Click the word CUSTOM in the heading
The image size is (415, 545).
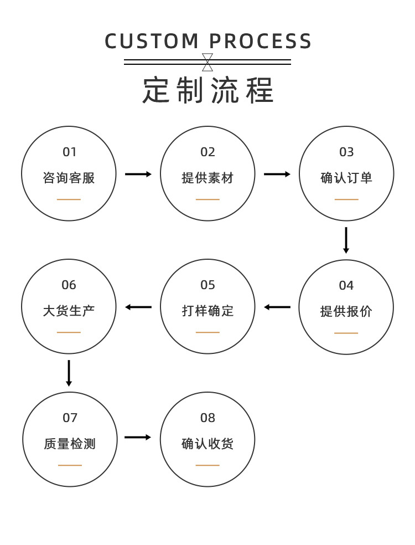[x=152, y=42]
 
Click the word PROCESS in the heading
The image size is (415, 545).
[x=261, y=42]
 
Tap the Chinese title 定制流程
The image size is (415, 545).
[x=208, y=90]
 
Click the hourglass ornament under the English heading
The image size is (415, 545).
[x=207, y=62]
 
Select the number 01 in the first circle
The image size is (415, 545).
[x=69, y=152]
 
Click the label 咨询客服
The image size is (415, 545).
[x=69, y=178]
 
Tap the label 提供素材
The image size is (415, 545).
[x=207, y=178]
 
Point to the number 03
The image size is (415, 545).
[x=346, y=152]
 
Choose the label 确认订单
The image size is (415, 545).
[x=346, y=178]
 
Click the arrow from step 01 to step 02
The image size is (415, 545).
[x=138, y=174]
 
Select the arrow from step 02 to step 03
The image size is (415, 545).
[x=277, y=174]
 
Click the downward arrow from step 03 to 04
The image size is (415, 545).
[x=346, y=240]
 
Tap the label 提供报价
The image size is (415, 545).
[x=346, y=311]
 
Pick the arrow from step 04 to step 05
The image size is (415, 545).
[x=277, y=307]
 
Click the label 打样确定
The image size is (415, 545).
[x=207, y=311]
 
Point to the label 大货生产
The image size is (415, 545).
[x=69, y=311]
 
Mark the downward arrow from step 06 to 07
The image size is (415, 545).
[x=69, y=373]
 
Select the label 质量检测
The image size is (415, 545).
[x=70, y=444]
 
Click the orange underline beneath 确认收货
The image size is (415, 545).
[x=207, y=465]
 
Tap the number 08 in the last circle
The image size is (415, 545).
[x=207, y=418]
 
